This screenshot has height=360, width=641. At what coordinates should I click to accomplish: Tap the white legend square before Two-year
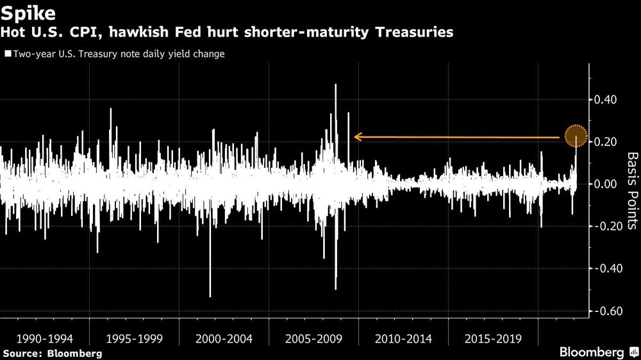[x=6, y=55]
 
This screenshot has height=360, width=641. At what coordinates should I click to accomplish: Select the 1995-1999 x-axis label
[x=134, y=338]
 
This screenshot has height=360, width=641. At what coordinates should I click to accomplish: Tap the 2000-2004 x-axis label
[x=224, y=338]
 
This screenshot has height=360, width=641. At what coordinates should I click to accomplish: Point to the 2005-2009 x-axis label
[x=313, y=338]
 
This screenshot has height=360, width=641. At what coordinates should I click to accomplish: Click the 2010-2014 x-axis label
[x=403, y=338]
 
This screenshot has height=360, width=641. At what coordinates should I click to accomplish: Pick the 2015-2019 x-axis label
[x=493, y=338]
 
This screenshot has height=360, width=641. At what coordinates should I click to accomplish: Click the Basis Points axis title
[x=631, y=190]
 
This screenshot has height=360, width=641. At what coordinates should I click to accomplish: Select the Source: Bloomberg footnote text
[x=52, y=353]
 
